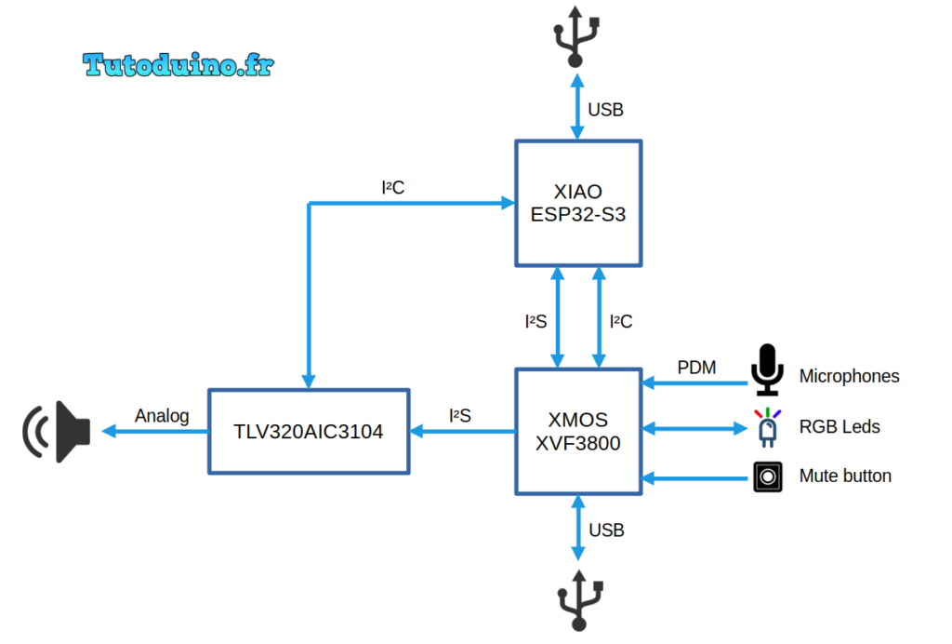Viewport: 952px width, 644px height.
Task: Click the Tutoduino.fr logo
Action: (x=178, y=64)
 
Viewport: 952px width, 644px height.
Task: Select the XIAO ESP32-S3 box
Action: (x=577, y=203)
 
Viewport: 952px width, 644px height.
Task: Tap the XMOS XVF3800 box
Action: (x=577, y=431)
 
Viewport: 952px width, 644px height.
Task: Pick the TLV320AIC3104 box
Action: (x=308, y=431)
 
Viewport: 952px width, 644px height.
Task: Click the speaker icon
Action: (x=58, y=431)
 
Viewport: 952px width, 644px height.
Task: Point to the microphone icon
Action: (x=767, y=369)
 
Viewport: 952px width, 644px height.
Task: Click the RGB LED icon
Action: (x=767, y=427)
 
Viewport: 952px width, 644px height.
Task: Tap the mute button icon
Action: (x=767, y=476)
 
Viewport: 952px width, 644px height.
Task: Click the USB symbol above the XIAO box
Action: (x=575, y=36)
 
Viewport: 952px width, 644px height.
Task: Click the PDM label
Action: (x=696, y=368)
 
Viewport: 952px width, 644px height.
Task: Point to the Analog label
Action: (x=162, y=416)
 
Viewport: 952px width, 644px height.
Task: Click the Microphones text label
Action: (x=849, y=377)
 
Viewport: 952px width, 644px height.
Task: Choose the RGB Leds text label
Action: (x=840, y=427)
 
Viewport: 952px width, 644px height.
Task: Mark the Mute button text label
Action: (x=845, y=476)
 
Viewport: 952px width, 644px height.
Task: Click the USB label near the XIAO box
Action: (x=605, y=110)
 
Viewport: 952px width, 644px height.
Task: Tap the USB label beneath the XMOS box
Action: (x=606, y=530)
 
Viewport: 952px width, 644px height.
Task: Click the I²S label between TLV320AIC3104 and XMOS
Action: (x=459, y=416)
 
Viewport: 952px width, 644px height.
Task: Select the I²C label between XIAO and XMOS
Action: (x=621, y=322)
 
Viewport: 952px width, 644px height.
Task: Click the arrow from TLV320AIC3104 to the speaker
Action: (x=154, y=431)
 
